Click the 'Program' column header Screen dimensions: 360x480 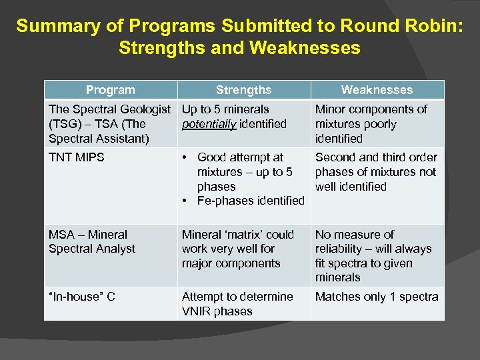click(110, 90)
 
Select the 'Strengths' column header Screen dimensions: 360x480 click(243, 90)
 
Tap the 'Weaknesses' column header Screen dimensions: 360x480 click(377, 90)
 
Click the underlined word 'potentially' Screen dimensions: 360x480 click(209, 124)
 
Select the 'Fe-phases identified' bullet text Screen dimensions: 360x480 click(251, 201)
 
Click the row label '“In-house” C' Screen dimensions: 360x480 click(82, 297)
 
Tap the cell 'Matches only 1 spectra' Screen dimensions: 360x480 click(377, 297)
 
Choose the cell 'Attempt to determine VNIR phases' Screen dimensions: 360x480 click(237, 304)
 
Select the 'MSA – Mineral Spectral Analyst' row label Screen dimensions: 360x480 click(92, 241)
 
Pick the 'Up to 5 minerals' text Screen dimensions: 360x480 click(225, 109)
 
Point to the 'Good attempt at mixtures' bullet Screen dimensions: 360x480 click(245, 172)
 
